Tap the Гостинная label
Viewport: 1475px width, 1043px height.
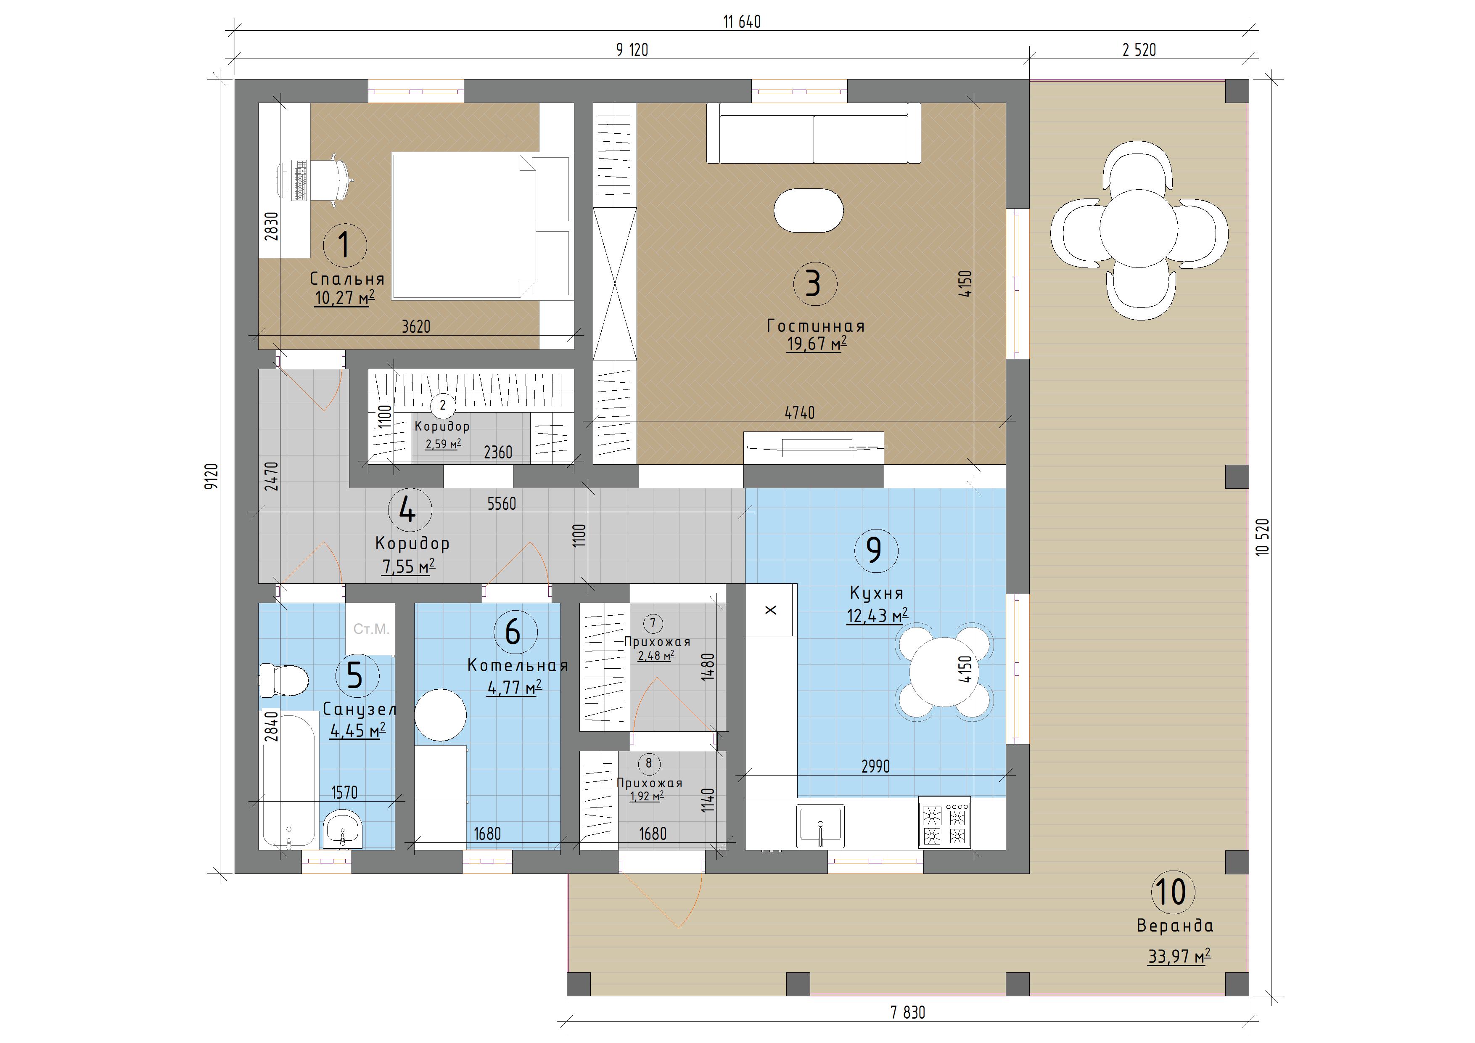816,326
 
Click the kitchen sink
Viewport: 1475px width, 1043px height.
820,825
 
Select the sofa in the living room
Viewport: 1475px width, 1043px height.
813,133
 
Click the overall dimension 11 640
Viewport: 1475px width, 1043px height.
742,22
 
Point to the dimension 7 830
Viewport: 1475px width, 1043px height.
908,1013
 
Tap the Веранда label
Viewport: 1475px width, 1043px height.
1175,925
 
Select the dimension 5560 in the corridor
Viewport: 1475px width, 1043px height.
501,503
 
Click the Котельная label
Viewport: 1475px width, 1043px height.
517,665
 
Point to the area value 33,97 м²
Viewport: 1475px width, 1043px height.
1179,957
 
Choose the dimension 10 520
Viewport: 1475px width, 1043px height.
1262,537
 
